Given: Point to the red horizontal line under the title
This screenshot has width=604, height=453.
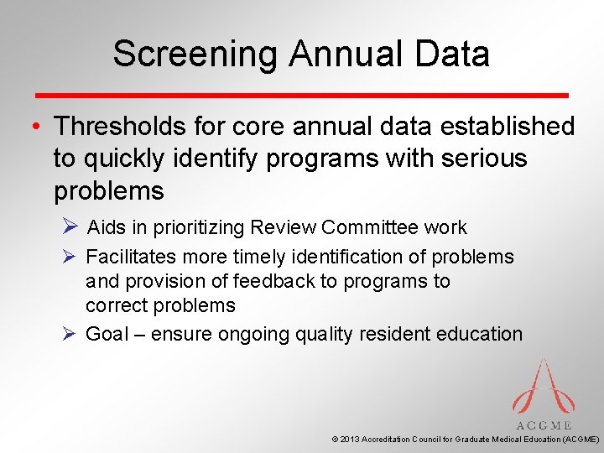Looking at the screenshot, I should (302, 95).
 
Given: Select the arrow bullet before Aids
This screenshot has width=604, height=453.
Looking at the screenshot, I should (71, 227).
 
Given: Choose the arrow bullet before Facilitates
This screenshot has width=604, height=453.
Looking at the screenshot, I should (70, 257).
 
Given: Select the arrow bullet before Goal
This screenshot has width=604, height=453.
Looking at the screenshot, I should (70, 334).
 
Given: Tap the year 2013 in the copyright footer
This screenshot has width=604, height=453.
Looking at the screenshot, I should (349, 439).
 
